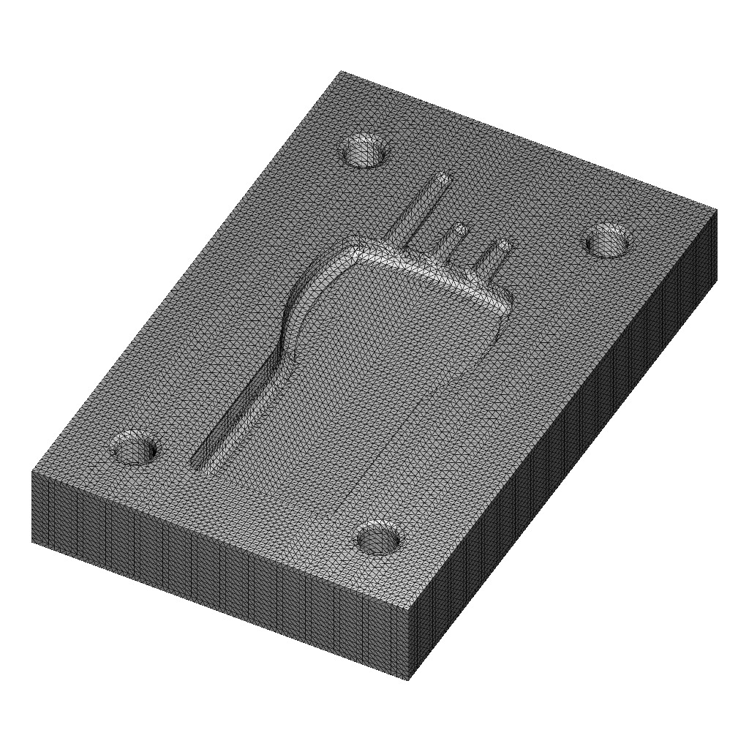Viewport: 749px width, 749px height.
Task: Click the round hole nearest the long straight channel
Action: click(365, 150)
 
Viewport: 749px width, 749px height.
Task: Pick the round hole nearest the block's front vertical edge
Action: click(379, 539)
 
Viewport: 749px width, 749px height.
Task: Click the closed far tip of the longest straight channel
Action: click(443, 178)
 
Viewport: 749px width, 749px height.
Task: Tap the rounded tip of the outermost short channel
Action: click(504, 244)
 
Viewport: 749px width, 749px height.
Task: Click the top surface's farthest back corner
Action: click(342, 72)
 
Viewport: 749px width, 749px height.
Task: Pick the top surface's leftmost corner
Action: click(32, 472)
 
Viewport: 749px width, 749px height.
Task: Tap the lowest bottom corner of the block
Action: click(407, 680)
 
